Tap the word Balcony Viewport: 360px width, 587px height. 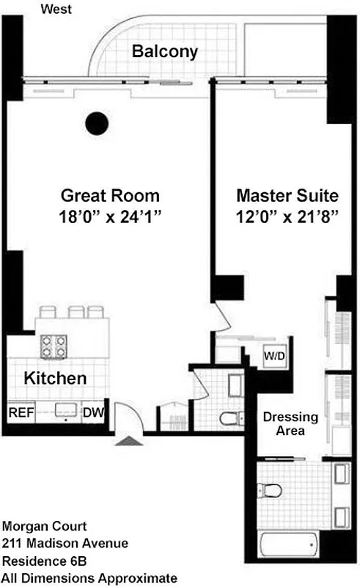click(x=164, y=51)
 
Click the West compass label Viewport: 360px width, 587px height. click(x=56, y=10)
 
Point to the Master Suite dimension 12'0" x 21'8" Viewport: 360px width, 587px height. click(x=287, y=217)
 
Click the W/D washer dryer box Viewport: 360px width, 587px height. click(x=276, y=357)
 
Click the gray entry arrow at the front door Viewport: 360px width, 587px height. click(x=128, y=440)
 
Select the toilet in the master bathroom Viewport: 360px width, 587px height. click(x=271, y=489)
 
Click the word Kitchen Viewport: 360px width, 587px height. click(x=56, y=379)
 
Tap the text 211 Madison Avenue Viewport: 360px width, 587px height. click(x=65, y=544)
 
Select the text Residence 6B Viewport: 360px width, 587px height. click(x=43, y=561)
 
